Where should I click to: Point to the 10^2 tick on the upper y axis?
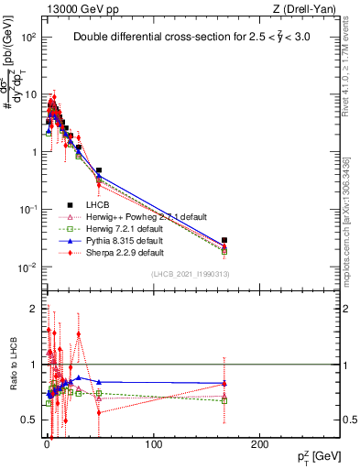[x=27, y=38]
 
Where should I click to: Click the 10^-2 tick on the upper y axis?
[x=27, y=267]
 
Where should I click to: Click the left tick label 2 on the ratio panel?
[x=32, y=309]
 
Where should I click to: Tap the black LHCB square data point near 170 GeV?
[x=225, y=240]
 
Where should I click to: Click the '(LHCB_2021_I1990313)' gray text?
[x=191, y=274]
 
